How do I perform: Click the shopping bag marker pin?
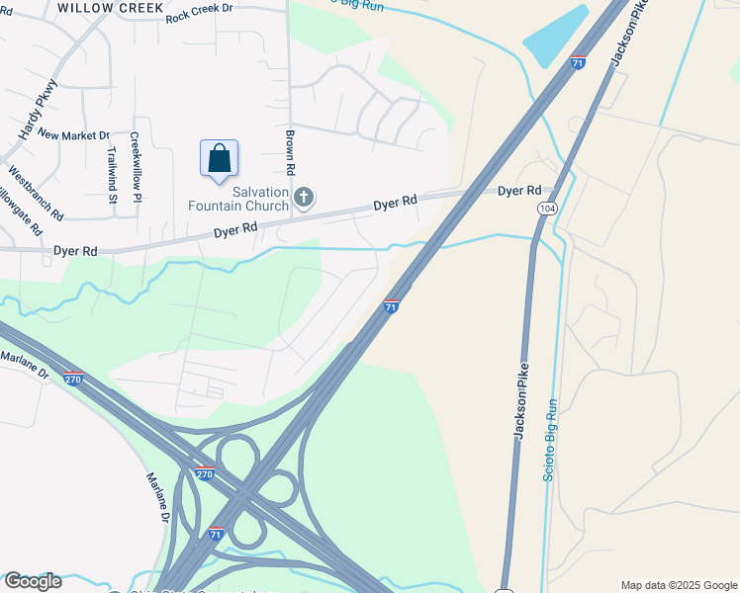[219, 159]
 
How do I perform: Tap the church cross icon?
[304, 200]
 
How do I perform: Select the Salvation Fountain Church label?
[239, 199]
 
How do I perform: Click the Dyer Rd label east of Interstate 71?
[519, 190]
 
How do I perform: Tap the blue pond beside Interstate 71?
[556, 36]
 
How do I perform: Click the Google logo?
[33, 581]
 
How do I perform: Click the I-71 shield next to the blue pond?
[578, 62]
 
